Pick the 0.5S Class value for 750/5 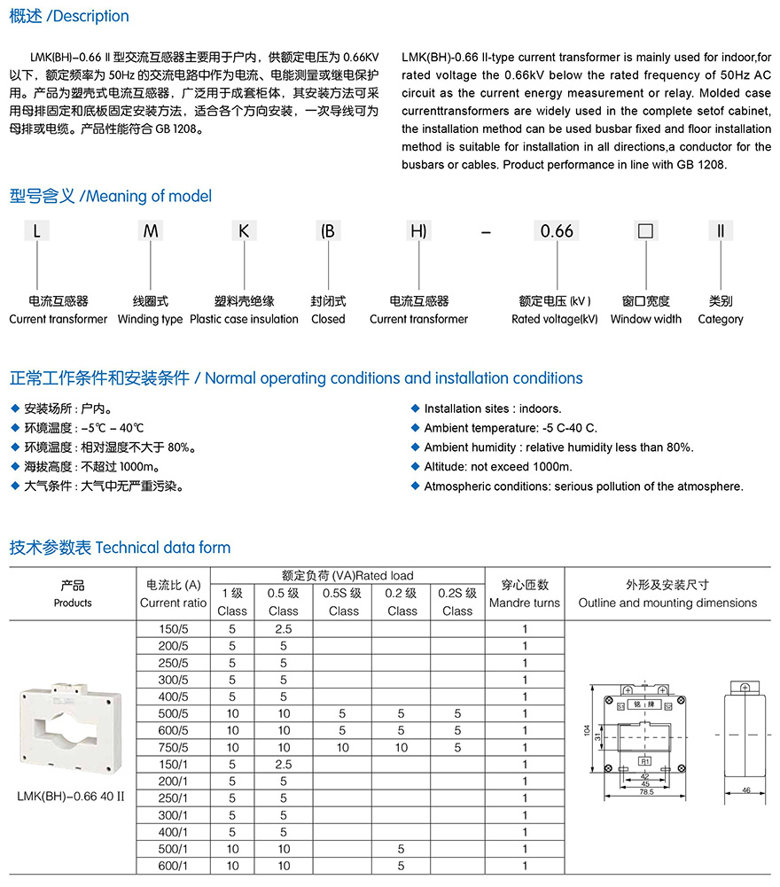point(343,747)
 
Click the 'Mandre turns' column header point(525,603)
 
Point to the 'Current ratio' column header point(173,603)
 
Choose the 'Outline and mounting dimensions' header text point(667,603)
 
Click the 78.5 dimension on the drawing point(646,792)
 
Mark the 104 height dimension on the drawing point(587,729)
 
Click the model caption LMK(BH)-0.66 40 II point(71,796)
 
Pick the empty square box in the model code point(646,231)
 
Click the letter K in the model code point(244,231)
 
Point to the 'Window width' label point(645,319)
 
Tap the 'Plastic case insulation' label point(244,319)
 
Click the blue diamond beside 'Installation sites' point(416,408)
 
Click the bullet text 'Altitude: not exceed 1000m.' point(498,467)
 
